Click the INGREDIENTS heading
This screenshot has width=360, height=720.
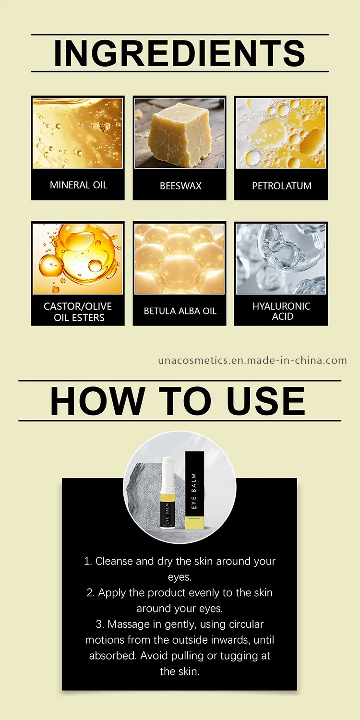coord(180,53)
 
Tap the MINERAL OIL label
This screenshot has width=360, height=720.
coord(78,185)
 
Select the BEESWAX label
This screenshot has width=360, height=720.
coord(180,186)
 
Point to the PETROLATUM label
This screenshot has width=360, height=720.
coord(281,186)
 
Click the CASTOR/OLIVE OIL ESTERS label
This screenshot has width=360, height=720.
coord(78,312)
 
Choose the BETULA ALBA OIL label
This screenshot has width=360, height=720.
coord(180,311)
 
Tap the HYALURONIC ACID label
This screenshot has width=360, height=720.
coord(281,311)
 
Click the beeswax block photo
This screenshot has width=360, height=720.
coord(179,133)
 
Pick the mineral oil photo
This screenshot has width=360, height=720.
coord(78,133)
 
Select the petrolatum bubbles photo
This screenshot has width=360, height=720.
coord(281,133)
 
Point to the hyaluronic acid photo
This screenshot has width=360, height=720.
coord(281,259)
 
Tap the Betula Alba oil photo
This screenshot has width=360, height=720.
coord(180,259)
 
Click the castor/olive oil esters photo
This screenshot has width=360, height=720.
coord(78,259)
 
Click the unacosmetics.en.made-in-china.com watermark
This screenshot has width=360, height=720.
coord(252,360)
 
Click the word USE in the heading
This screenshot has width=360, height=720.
coord(266,401)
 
